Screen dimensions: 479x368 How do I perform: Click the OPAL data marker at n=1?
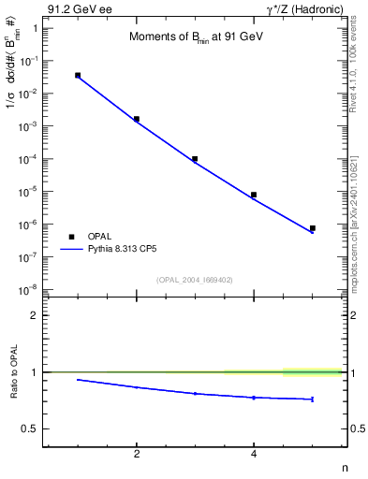[x=78, y=75]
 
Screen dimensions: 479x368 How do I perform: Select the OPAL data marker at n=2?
[x=137, y=119]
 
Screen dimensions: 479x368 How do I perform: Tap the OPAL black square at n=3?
[x=195, y=159]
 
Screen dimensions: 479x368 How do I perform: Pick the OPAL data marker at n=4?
[x=254, y=195]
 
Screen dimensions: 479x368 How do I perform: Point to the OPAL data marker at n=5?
[x=312, y=228]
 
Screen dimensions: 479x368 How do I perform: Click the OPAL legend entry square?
[x=71, y=238]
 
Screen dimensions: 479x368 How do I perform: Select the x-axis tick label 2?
[x=137, y=455]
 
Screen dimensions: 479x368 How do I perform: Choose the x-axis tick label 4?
[x=254, y=455]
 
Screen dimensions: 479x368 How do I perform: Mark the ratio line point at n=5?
[x=312, y=399]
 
